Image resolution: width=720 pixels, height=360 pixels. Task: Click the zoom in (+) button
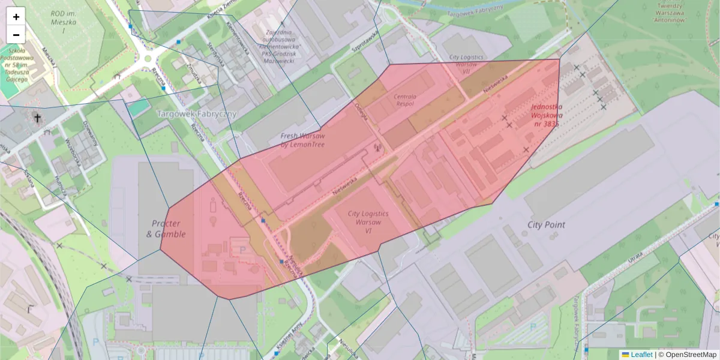[x=16, y=17]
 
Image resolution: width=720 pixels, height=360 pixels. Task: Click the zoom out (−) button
[x=16, y=34]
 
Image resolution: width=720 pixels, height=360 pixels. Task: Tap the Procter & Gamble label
[x=166, y=229]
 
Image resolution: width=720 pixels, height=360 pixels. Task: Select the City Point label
[x=546, y=225]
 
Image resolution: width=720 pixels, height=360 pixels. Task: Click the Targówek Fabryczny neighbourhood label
[x=196, y=113]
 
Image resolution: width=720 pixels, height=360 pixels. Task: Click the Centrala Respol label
[x=409, y=100]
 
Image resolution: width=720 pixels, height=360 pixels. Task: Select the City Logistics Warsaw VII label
[x=462, y=64]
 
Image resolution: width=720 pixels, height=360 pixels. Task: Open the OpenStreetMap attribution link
[x=687, y=355]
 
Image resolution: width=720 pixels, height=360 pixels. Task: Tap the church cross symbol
[x=38, y=118]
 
